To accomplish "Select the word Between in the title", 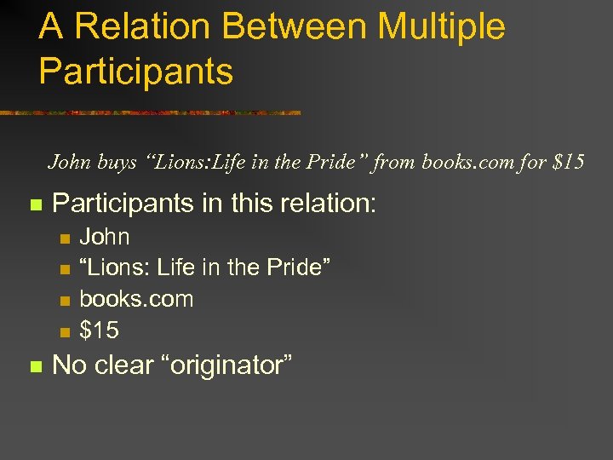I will coord(283,26).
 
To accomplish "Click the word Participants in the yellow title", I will coord(135,72).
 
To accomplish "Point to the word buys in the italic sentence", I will coord(116,162).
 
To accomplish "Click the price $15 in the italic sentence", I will coord(568,162).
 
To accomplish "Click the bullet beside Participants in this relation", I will coord(35,205).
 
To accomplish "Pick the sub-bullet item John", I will coord(104,237).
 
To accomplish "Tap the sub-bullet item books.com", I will coord(136,299).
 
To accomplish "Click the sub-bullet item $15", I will coord(99,330).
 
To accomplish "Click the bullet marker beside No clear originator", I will coord(35,367).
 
